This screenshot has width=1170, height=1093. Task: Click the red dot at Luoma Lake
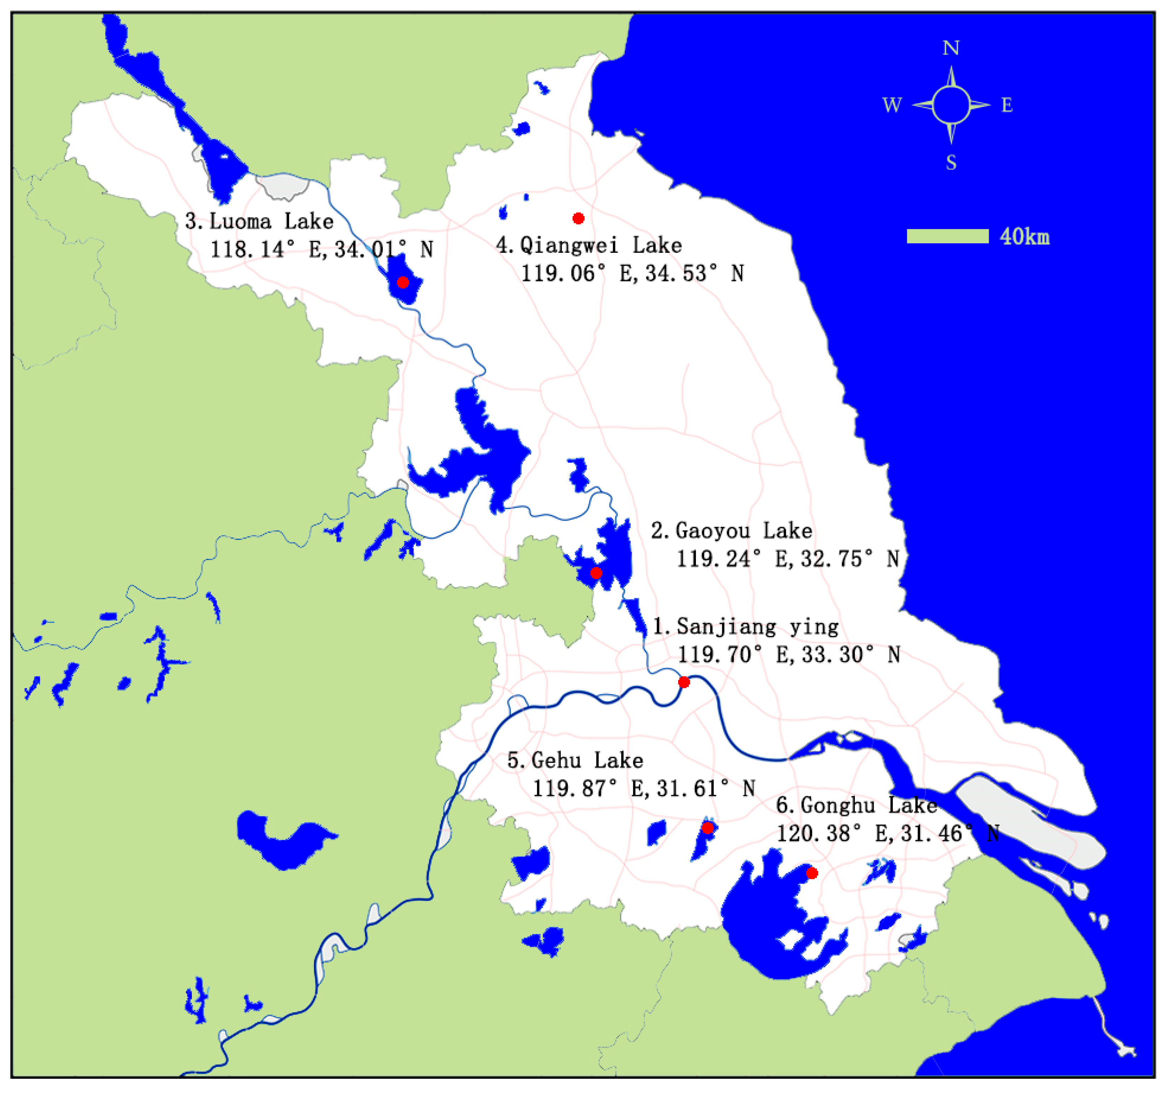pos(403,282)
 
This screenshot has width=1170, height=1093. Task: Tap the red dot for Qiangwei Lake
pos(578,218)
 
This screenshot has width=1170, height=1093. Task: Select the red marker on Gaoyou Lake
pos(596,573)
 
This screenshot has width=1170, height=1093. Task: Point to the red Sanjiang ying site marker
pos(684,682)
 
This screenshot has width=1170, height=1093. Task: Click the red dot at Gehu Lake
pos(708,828)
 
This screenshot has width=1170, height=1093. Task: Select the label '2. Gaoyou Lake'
pos(731,531)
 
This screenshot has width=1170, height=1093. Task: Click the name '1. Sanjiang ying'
pos(746,626)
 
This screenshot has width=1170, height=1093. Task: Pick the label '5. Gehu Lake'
pos(575,760)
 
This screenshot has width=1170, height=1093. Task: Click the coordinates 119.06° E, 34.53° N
pos(633,274)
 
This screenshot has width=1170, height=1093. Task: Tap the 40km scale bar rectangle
pos(948,236)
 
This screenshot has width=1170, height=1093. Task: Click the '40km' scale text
pos(1025,236)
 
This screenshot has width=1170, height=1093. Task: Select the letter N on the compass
pos(951,48)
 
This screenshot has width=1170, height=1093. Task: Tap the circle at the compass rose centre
pos(951,105)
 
